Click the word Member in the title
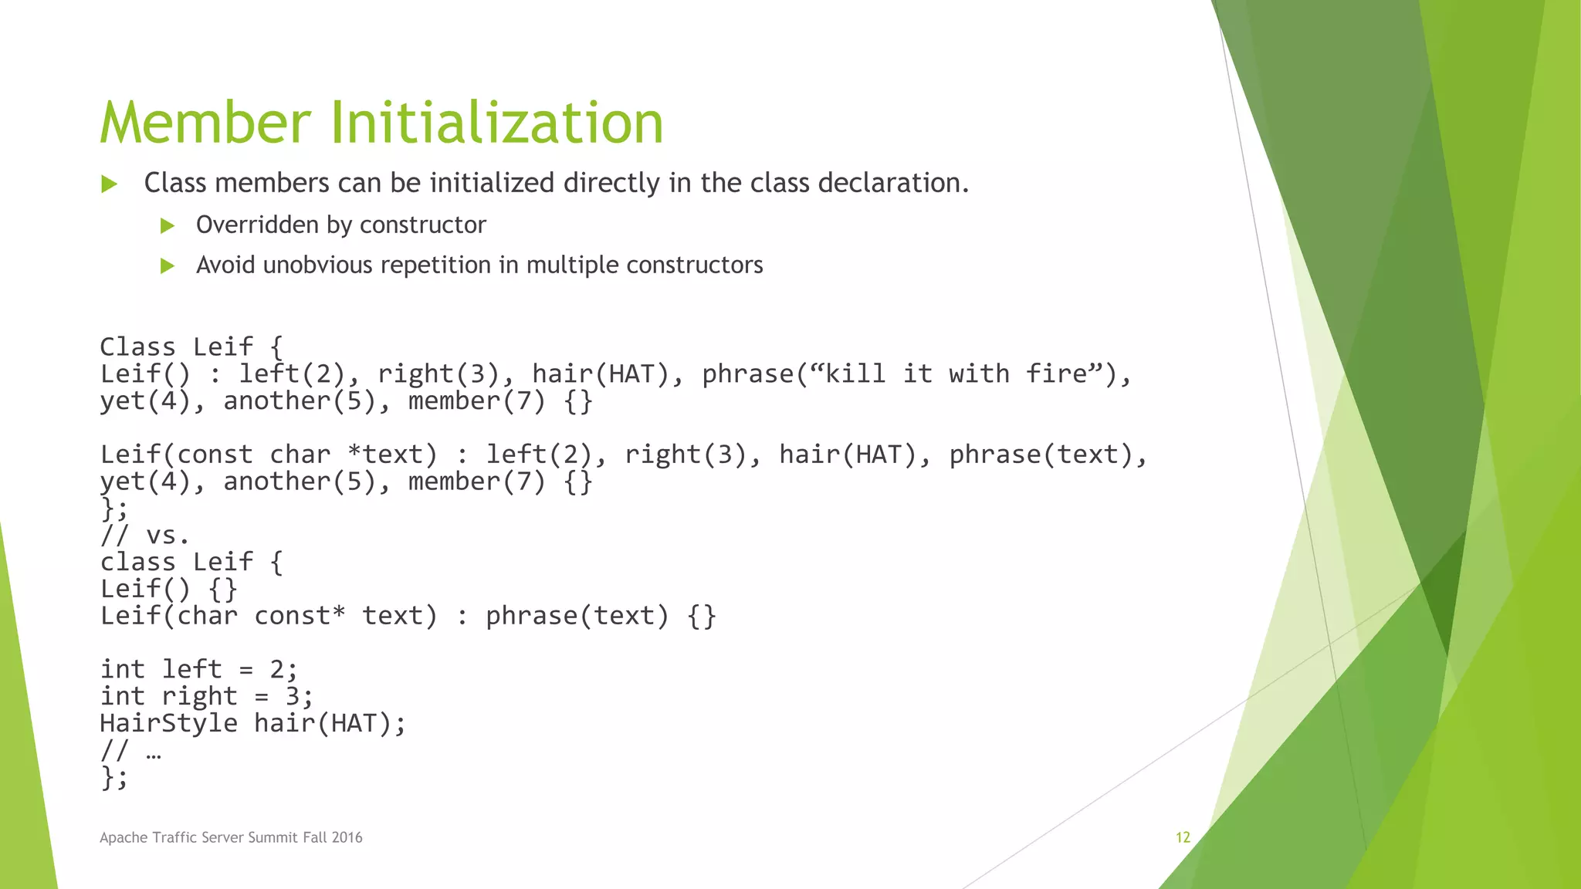tap(205, 123)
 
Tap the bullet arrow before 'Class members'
tap(109, 184)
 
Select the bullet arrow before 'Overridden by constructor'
tap(167, 225)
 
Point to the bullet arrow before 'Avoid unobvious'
tap(167, 266)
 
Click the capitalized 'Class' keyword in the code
tap(137, 346)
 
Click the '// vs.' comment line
tap(144, 535)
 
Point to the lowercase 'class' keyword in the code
tap(137, 562)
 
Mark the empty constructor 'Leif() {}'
tap(168, 589)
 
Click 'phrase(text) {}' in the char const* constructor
tap(601, 616)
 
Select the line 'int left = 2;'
tap(198, 669)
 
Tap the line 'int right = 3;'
tap(206, 696)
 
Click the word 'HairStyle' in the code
tap(168, 723)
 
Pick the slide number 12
tap(1183, 837)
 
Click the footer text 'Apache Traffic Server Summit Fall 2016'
tap(231, 837)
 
